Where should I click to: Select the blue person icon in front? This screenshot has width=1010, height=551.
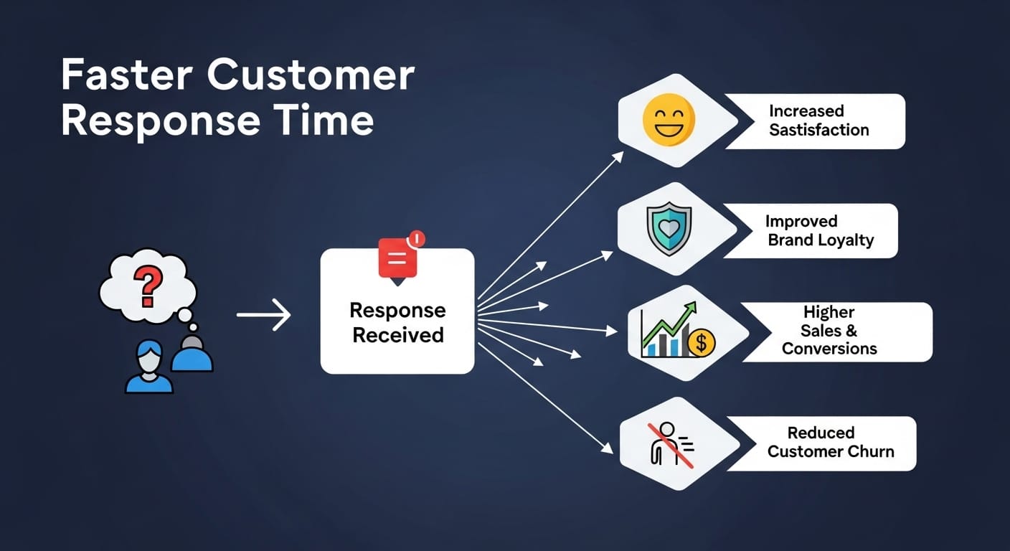click(x=149, y=367)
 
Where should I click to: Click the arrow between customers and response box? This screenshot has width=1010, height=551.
click(x=263, y=315)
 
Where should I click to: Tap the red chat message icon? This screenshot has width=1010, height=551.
click(x=397, y=258)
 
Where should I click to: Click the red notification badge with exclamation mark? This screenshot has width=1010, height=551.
click(x=415, y=239)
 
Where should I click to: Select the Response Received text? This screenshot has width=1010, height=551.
click(x=397, y=323)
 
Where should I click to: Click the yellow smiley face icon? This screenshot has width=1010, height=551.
click(x=669, y=120)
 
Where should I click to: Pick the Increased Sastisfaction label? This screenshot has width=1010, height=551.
click(x=818, y=121)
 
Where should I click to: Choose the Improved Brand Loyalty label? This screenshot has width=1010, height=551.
click(x=821, y=230)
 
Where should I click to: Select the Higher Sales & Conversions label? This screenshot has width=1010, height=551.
click(x=829, y=331)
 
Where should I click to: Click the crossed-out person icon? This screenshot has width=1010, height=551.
click(x=669, y=443)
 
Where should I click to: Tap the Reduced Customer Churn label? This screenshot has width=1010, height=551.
click(x=831, y=443)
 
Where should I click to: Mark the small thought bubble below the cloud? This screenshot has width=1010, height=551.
click(x=184, y=314)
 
